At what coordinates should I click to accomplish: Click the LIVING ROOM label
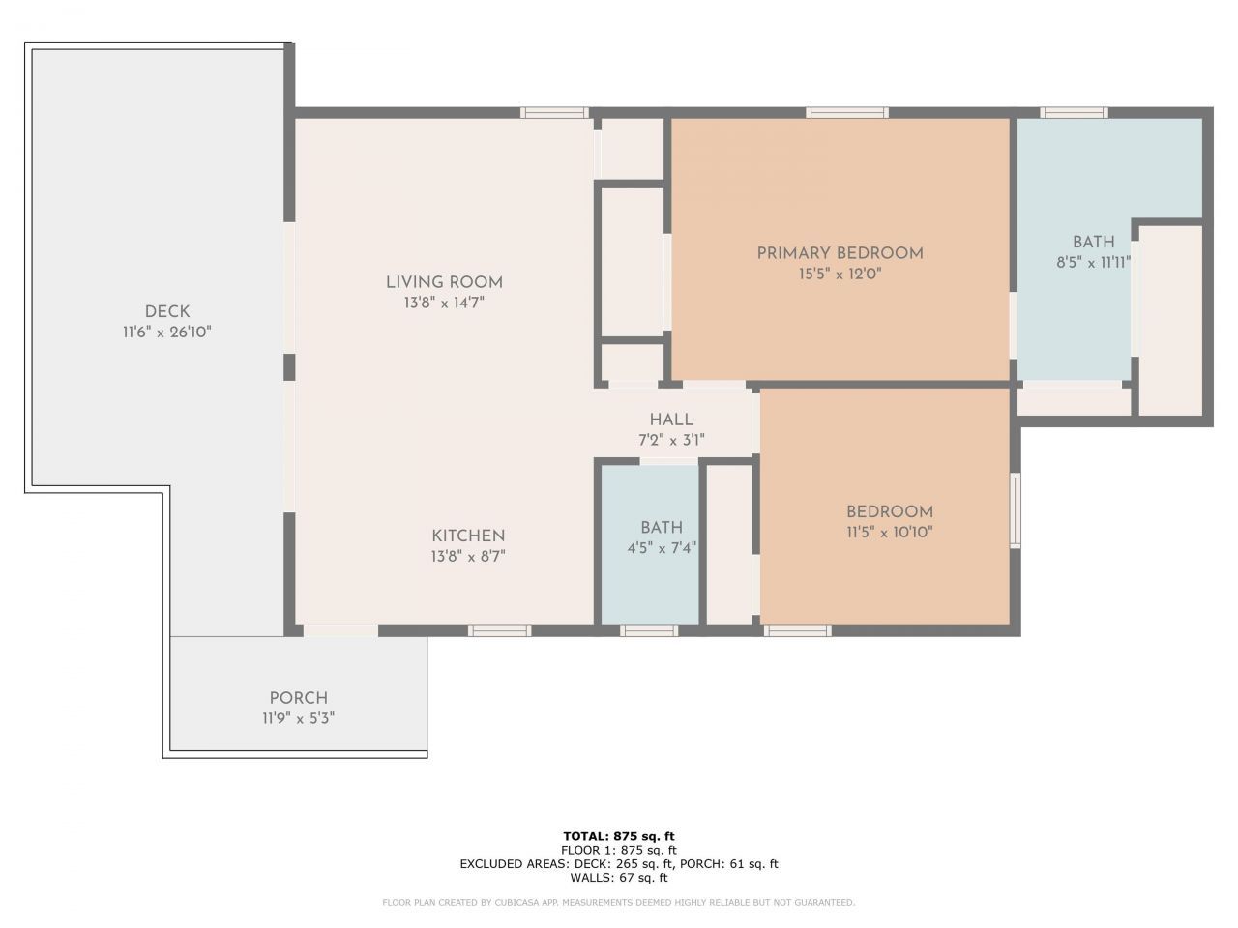pos(444,282)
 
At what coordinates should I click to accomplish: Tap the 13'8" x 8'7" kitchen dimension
pos(468,557)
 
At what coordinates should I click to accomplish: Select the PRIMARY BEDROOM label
pos(840,253)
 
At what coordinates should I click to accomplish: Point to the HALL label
pos(671,420)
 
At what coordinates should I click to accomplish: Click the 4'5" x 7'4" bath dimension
pos(662,547)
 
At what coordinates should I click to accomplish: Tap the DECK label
pos(167,311)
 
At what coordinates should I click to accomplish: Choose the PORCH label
pos(298,698)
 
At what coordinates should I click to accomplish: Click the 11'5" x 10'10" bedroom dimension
pos(889,532)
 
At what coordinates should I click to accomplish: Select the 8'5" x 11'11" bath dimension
pos(1093,262)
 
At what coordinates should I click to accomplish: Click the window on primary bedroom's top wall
pos(848,113)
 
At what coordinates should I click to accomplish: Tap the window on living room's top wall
pos(554,113)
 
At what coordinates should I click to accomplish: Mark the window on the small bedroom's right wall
pos(1015,510)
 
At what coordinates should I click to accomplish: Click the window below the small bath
pos(649,631)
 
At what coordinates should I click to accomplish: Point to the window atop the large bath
pos(1076,113)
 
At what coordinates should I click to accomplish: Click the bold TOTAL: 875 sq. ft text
pos(618,836)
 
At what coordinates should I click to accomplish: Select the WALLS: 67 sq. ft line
pos(618,878)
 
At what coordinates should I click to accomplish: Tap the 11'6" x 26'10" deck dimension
pos(167,333)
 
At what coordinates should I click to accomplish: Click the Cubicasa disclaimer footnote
pos(618,903)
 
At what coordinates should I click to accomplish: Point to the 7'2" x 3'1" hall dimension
pos(671,440)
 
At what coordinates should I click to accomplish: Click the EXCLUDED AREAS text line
pos(618,864)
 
